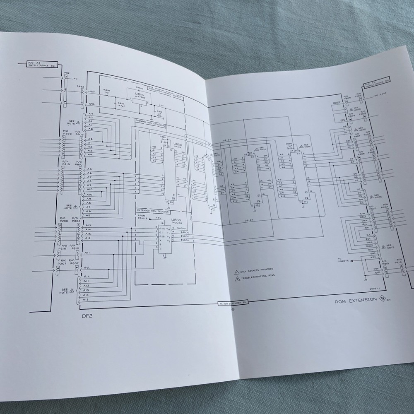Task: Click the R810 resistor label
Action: pos(107,91)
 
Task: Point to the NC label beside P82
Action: pos(75,78)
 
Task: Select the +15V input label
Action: pos(91,91)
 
